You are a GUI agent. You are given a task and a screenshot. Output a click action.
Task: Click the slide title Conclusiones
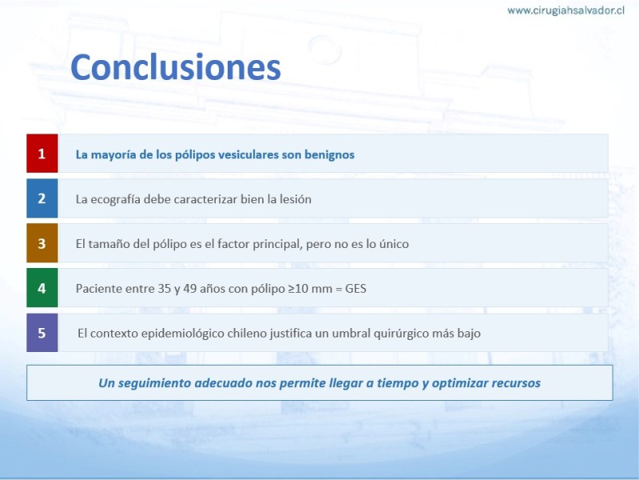pos(176,67)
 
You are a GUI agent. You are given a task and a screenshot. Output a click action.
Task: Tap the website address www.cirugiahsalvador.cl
pos(566,10)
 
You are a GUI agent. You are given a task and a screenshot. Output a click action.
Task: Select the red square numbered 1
pos(42,154)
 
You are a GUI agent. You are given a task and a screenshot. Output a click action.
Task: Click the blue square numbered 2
pos(42,198)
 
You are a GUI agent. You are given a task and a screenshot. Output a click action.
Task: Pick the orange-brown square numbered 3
pos(42,243)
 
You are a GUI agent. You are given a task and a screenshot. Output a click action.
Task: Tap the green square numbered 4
pos(42,288)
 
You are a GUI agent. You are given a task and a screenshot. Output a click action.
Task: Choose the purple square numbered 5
pos(42,333)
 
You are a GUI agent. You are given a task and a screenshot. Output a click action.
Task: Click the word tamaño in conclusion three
pos(109,244)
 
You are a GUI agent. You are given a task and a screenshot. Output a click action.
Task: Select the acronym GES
pos(355,289)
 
